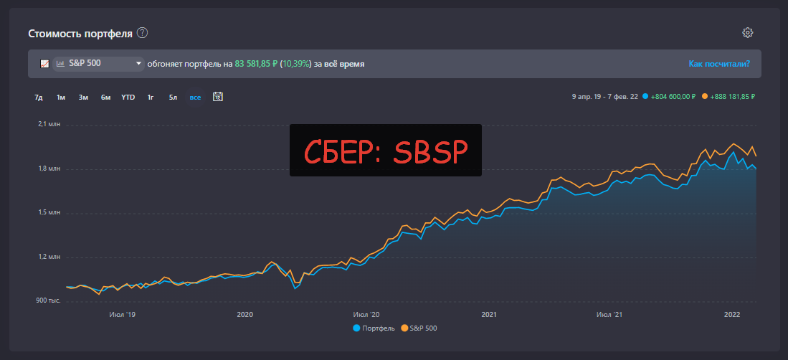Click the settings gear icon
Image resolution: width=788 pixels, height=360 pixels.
[x=748, y=32]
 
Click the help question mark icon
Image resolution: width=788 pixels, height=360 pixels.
[x=142, y=33]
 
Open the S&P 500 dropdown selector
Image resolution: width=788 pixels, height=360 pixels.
[x=99, y=64]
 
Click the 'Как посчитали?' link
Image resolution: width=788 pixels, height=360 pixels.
[x=719, y=64]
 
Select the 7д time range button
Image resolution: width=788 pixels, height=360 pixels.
[x=39, y=97]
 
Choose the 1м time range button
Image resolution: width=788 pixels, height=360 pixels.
[x=61, y=97]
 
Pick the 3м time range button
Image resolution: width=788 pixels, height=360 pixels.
[x=83, y=97]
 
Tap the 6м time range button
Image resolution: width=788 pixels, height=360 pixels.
[x=105, y=97]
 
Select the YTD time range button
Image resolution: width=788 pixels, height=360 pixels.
[x=128, y=97]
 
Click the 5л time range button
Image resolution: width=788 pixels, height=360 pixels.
[x=173, y=97]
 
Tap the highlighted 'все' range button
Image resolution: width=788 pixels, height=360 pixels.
[x=195, y=97]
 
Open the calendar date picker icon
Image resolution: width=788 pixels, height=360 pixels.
[x=218, y=96]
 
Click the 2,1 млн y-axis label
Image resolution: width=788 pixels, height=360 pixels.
[x=48, y=125]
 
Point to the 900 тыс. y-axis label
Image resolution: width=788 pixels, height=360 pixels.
[x=48, y=300]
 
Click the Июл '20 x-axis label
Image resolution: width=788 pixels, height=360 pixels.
[x=366, y=314]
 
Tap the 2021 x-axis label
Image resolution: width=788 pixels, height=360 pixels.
[x=489, y=314]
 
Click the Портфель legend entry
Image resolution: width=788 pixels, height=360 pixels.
[x=374, y=328]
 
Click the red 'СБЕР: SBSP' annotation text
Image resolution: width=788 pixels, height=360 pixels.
[x=386, y=151]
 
